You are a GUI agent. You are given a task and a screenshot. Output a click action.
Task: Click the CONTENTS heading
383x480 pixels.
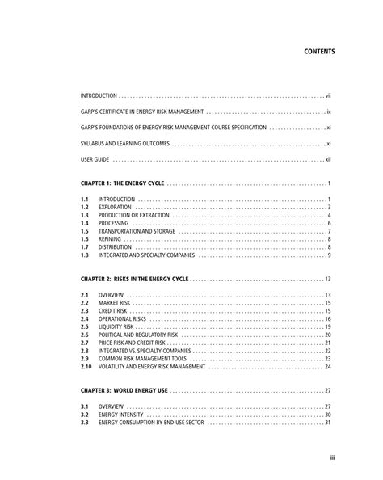click(x=318, y=50)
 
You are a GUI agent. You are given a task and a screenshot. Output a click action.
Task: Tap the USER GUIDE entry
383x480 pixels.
click(x=95, y=160)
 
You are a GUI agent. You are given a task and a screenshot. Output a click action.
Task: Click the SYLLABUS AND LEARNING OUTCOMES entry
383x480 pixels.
click(x=124, y=144)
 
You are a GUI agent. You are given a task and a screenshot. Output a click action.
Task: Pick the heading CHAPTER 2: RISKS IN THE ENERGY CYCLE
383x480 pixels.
click(x=135, y=279)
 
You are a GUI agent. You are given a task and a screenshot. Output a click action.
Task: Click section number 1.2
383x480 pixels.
click(x=83, y=208)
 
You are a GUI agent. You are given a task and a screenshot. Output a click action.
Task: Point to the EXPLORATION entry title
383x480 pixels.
click(x=114, y=208)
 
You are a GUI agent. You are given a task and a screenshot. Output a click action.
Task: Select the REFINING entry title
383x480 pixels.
click(x=109, y=239)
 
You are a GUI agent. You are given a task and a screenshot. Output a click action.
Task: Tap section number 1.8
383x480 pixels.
click(x=83, y=255)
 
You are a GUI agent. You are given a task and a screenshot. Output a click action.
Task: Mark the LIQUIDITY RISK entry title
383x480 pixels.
click(x=116, y=326)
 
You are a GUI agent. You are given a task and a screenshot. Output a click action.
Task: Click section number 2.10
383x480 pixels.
click(x=85, y=366)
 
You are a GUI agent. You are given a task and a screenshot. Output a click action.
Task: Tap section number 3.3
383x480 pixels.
click(x=83, y=422)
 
